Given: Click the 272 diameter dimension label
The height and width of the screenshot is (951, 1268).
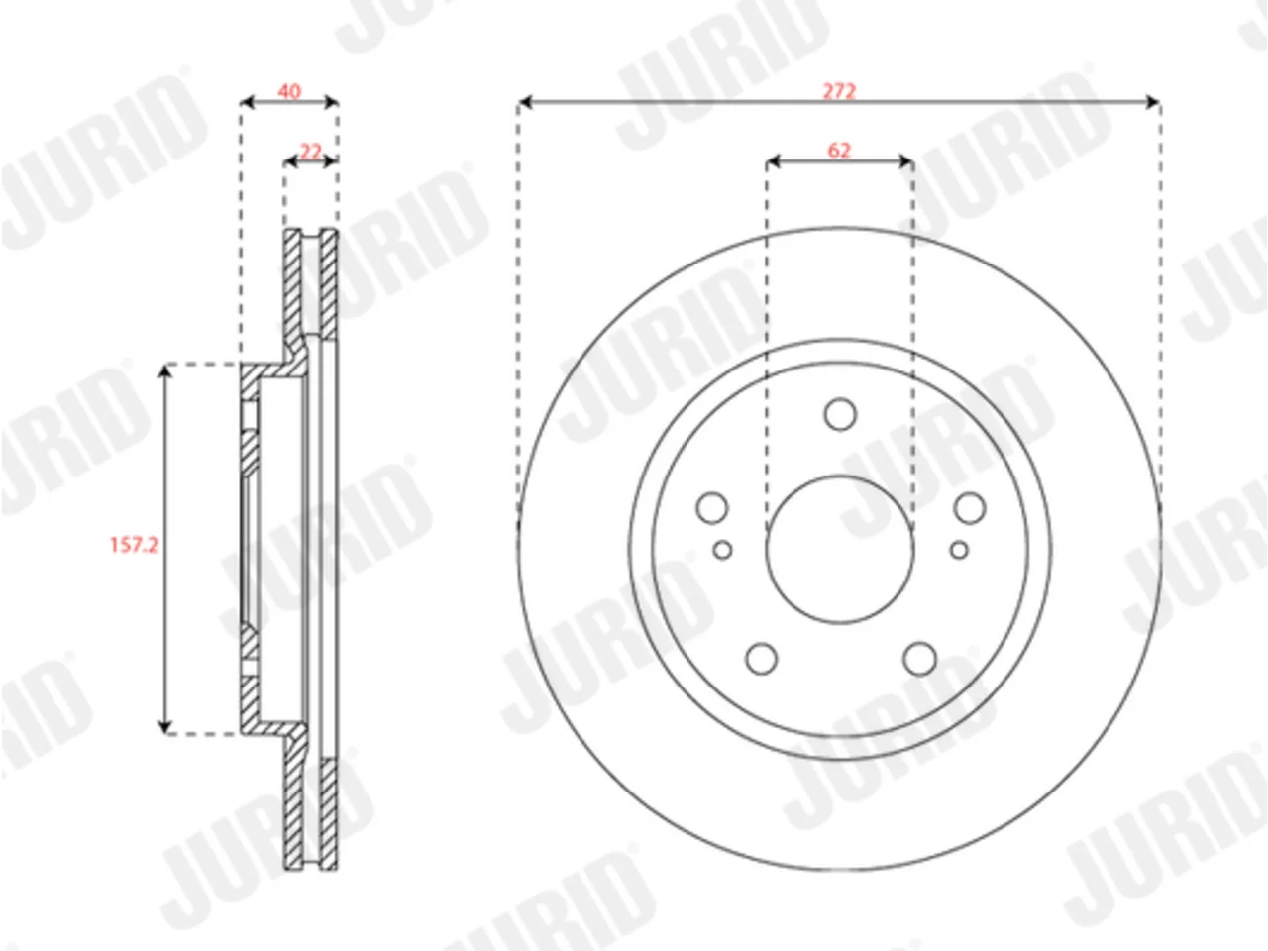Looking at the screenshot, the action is [x=839, y=91].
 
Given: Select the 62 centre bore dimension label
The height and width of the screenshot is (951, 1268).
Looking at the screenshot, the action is [x=839, y=151].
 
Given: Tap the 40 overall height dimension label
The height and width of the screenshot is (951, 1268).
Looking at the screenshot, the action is [x=289, y=91].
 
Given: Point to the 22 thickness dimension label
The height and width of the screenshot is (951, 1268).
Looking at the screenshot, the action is [x=311, y=152].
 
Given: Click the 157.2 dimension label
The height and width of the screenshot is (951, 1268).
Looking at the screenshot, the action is [x=134, y=545].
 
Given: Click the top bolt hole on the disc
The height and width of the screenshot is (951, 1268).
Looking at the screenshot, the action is [x=840, y=414].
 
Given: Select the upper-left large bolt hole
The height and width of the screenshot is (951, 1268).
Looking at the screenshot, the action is [x=712, y=508].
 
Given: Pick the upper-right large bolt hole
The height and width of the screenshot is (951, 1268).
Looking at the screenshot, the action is [x=970, y=508].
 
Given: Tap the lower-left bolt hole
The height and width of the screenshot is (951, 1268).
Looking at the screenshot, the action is [x=762, y=658].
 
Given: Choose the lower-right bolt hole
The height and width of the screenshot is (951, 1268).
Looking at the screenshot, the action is [x=919, y=658].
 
